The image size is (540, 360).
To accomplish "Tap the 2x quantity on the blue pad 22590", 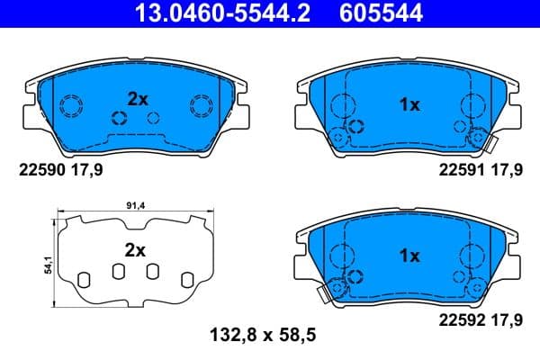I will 137,100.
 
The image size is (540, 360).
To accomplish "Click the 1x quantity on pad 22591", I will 409,105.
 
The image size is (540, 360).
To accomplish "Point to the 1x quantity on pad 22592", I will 409,256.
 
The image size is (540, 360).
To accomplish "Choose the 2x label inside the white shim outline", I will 134,251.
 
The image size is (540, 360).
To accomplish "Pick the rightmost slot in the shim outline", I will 187,278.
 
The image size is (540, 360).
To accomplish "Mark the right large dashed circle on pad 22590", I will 200,106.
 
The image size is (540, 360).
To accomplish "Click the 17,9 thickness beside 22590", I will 91,167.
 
